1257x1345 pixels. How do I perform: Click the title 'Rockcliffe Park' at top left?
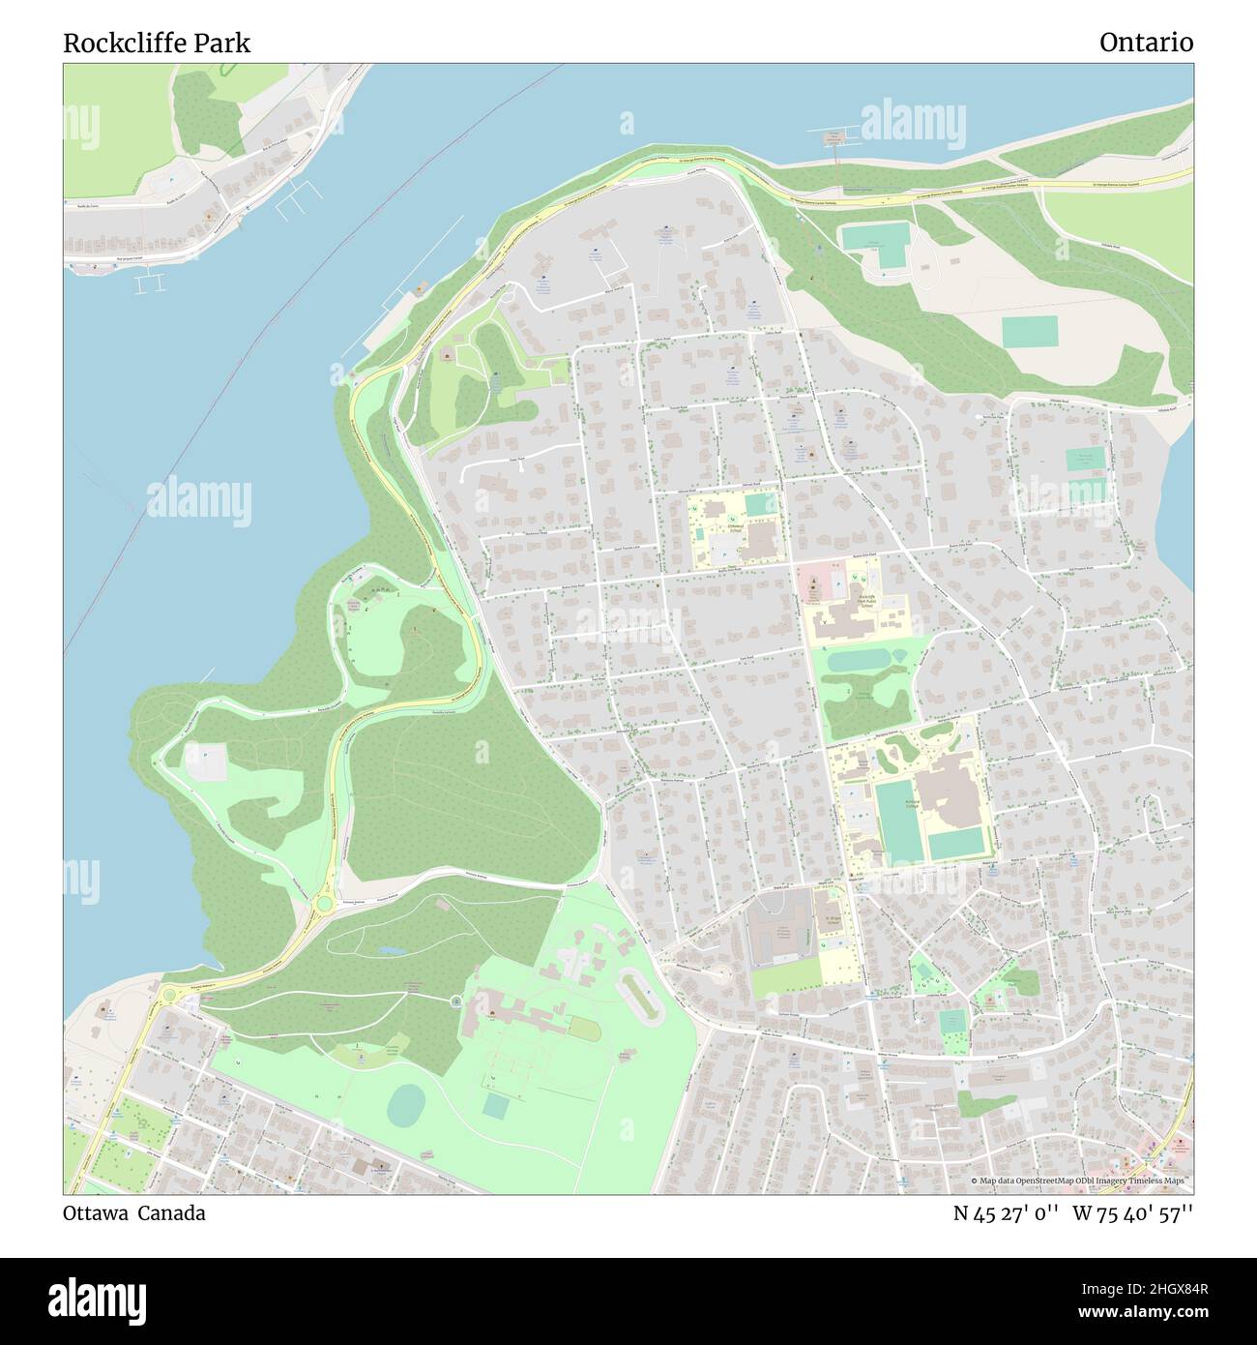(x=157, y=43)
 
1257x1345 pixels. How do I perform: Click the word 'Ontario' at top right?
(x=1146, y=43)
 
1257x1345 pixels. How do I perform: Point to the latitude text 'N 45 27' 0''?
(x=1006, y=1213)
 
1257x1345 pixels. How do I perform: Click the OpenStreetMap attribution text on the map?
(x=1081, y=1181)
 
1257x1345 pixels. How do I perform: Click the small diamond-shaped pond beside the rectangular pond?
(x=900, y=655)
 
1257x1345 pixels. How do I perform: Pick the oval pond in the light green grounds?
(x=406, y=1105)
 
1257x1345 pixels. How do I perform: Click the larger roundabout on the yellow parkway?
(x=323, y=905)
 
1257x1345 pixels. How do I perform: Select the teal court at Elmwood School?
(x=760, y=504)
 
